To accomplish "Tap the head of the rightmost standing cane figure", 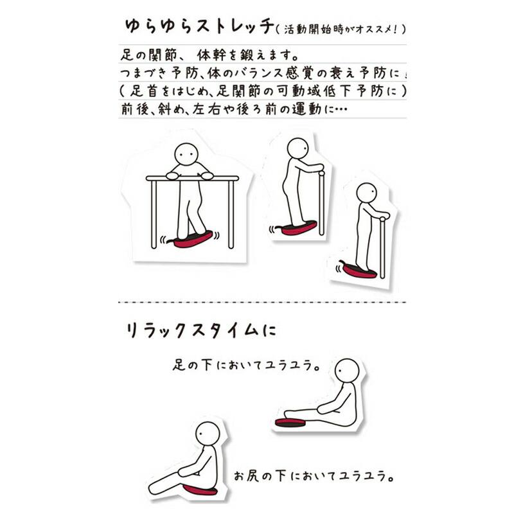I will [x=366, y=193].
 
